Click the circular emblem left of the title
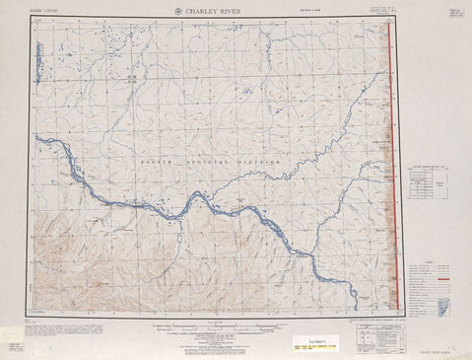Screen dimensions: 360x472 [x=177, y=12]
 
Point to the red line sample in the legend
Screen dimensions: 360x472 [x=444, y=266]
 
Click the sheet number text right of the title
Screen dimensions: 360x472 [x=376, y=12]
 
